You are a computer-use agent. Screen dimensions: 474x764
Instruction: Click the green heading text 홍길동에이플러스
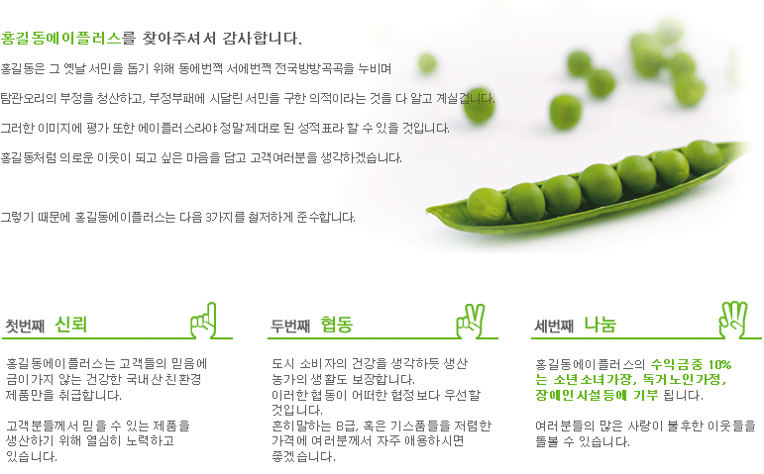click(61, 39)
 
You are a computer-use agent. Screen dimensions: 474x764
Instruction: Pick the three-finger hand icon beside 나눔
click(733, 318)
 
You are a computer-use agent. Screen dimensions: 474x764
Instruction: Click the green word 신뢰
click(71, 324)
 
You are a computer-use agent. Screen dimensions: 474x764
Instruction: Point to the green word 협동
click(337, 324)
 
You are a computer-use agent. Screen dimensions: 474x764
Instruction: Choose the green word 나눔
click(600, 324)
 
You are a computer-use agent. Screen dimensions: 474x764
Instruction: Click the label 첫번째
click(26, 325)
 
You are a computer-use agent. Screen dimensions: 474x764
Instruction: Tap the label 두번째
click(290, 325)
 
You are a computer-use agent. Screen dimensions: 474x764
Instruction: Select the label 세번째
click(554, 325)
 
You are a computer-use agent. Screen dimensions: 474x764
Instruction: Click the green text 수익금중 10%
click(691, 364)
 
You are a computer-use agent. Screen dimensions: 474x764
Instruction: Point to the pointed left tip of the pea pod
click(429, 211)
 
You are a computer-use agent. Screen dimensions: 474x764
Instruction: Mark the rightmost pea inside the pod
click(703, 156)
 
